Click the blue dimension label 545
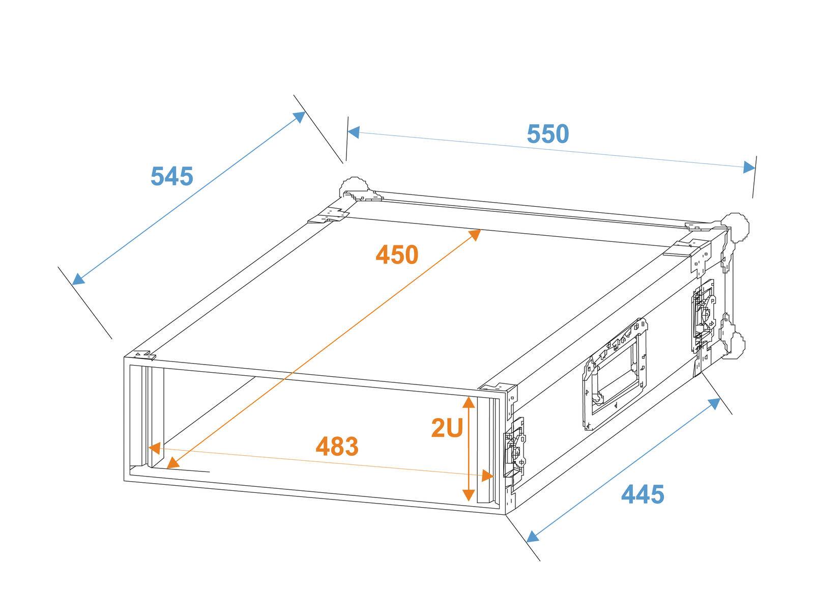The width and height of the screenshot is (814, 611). click(x=172, y=177)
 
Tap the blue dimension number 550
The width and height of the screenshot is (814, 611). click(x=547, y=134)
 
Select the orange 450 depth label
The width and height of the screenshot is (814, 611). click(x=397, y=255)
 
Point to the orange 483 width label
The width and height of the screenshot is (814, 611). click(x=337, y=447)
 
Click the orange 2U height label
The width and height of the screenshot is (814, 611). click(x=447, y=428)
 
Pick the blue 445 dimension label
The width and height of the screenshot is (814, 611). click(x=643, y=494)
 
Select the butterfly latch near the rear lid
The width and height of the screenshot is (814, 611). click(x=703, y=316)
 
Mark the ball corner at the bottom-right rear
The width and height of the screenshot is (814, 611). click(x=735, y=346)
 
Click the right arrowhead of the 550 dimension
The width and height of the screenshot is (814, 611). click(x=749, y=167)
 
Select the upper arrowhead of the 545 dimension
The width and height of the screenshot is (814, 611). click(x=299, y=117)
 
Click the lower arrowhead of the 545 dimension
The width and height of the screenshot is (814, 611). click(x=78, y=279)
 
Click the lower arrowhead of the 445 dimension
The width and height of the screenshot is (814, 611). click(x=532, y=537)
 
